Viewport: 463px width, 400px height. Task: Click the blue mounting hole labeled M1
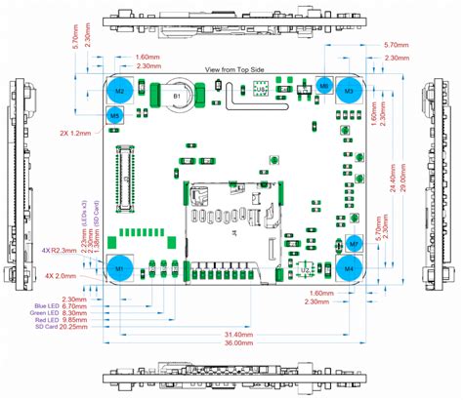coord(119,268)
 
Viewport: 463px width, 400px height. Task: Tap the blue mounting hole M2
coord(119,91)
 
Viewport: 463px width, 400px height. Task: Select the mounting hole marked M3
coord(349,91)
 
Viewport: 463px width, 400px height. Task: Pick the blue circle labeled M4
coord(350,267)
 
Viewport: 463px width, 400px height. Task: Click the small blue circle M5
coord(115,116)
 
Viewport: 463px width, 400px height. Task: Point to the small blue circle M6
coord(324,87)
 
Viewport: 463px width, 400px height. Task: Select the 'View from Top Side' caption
coord(233,70)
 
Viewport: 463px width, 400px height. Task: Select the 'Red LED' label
coord(44,320)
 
